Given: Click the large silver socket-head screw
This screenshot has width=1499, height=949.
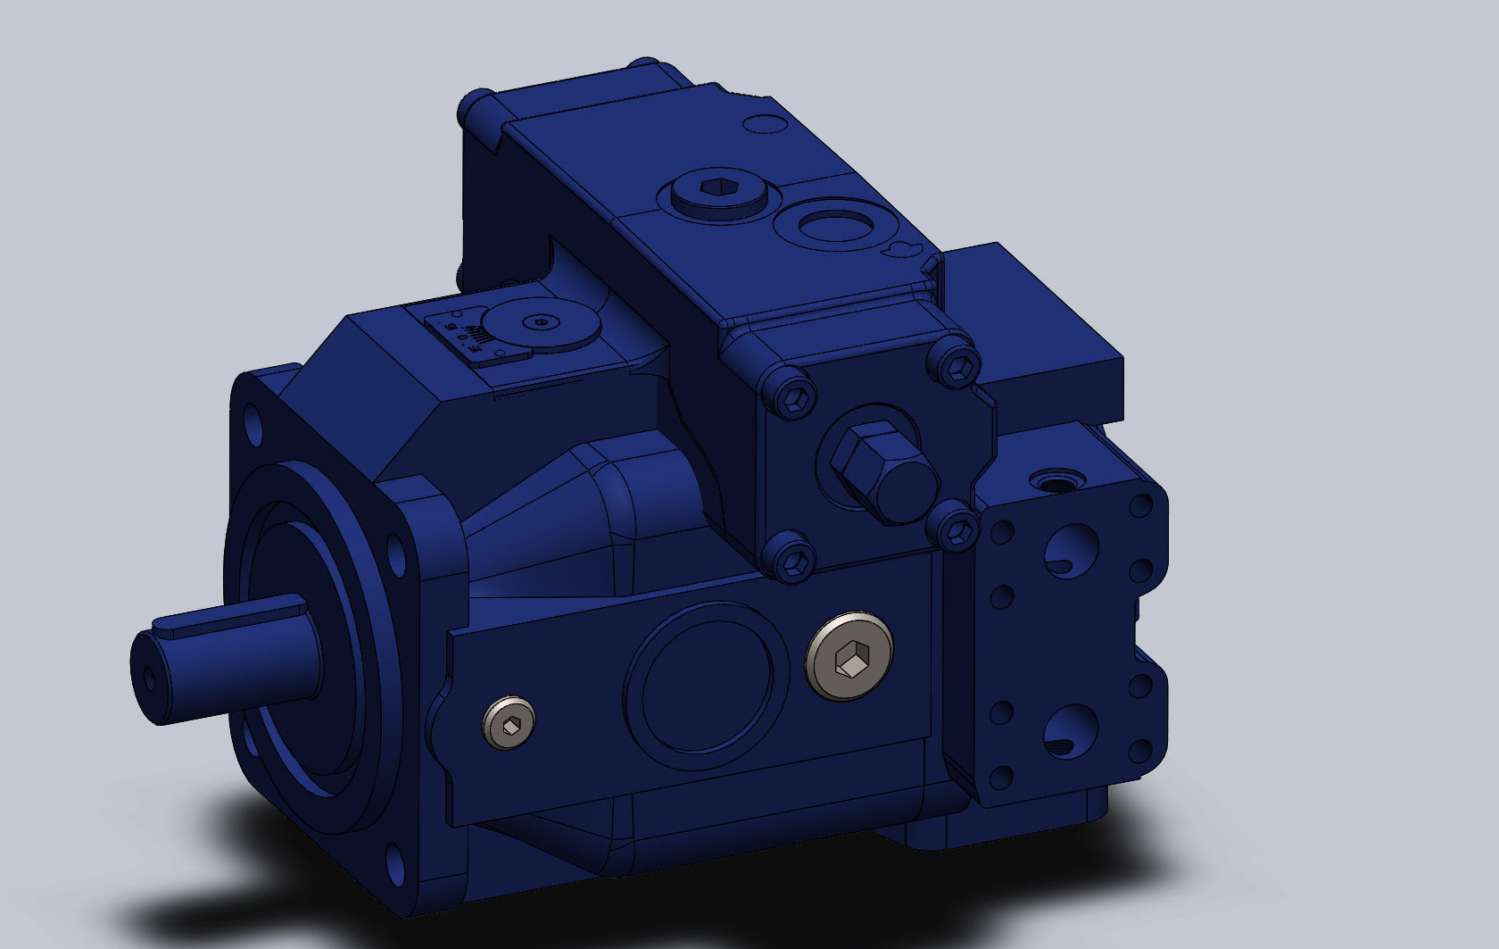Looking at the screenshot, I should click(849, 656).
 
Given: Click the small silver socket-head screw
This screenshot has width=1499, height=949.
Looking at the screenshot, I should click(509, 722).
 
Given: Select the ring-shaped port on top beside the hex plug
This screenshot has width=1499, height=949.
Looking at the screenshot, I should click(833, 223).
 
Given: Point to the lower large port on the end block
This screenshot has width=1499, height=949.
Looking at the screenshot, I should click(1070, 730).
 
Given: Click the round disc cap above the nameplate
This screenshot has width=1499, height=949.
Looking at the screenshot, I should click(539, 324).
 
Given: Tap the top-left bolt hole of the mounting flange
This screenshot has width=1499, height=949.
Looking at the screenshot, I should click(253, 424).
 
